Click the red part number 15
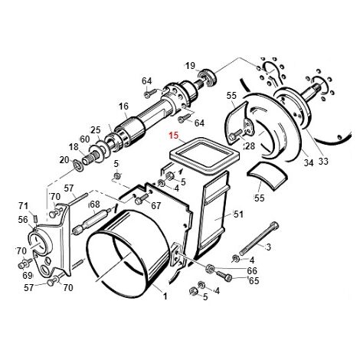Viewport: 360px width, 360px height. [x=173, y=135]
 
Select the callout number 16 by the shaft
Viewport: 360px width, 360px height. [x=123, y=106]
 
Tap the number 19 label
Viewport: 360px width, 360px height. [x=190, y=66]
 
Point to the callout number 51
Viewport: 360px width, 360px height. [x=238, y=214]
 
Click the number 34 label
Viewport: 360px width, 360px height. [x=309, y=162]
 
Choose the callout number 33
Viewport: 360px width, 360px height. [x=323, y=161]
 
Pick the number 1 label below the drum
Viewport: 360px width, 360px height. [x=165, y=296]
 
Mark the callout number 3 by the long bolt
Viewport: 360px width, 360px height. [x=268, y=247]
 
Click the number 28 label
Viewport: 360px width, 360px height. [x=250, y=146]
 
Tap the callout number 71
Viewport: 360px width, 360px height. [x=23, y=205]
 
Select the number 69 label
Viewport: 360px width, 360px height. [x=28, y=275]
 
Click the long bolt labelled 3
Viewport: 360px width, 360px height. [x=258, y=238]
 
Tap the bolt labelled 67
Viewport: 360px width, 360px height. [x=141, y=198]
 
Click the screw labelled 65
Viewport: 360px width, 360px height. [x=224, y=276]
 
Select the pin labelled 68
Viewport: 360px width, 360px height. [x=93, y=221]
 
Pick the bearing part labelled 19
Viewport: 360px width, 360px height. [x=208, y=77]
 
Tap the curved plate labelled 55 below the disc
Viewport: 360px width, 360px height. [x=267, y=176]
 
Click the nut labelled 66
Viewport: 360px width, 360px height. [x=210, y=268]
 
